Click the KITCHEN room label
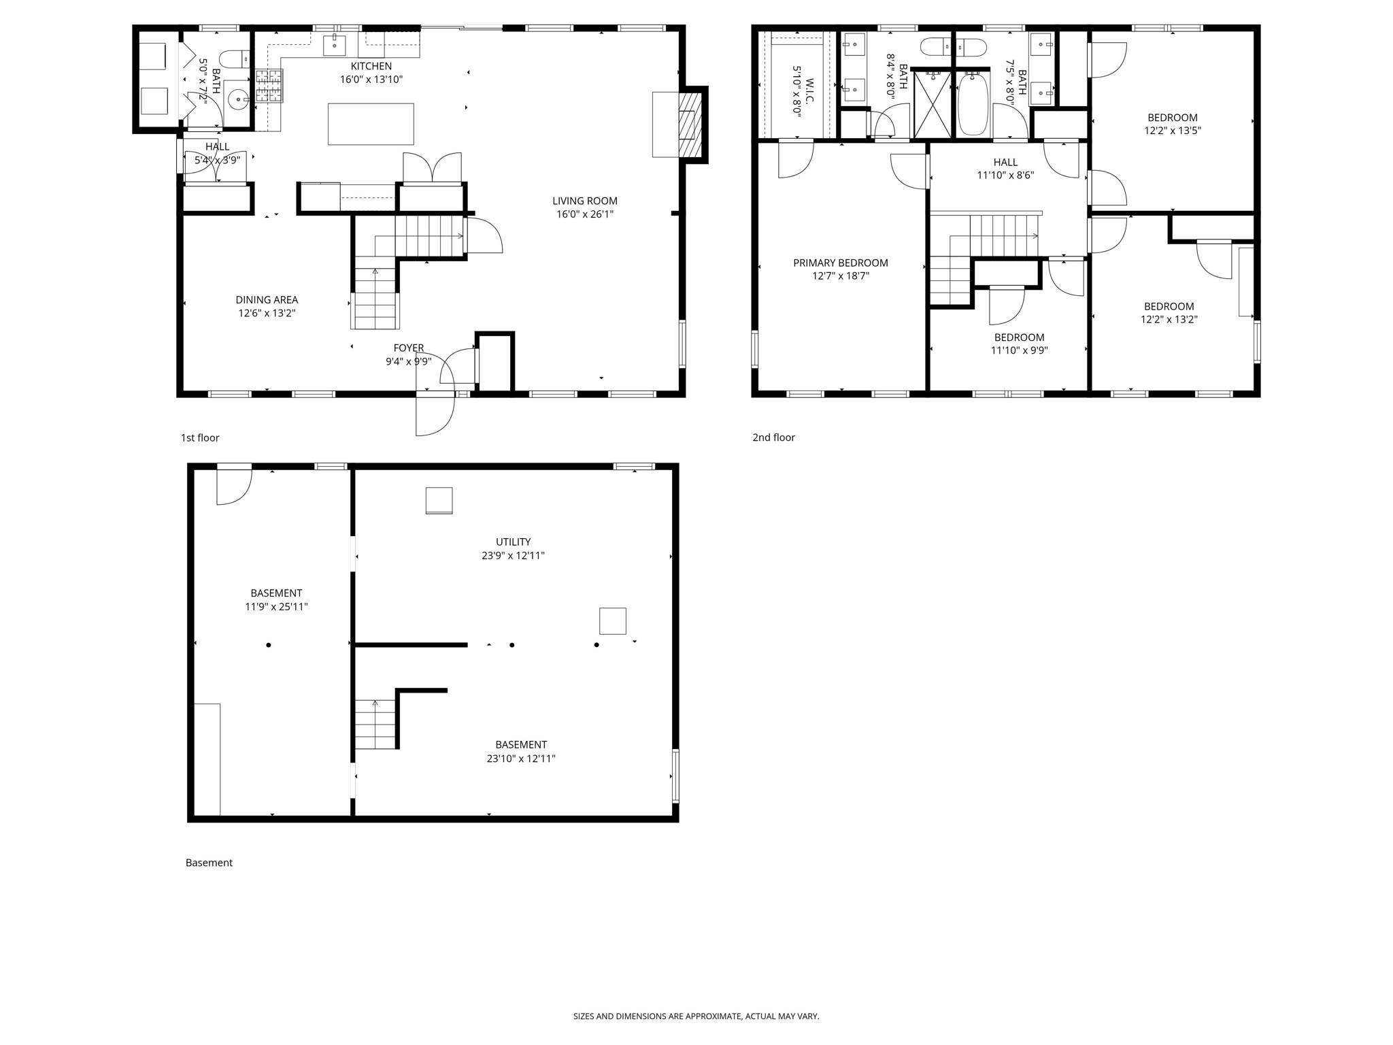pos(371,66)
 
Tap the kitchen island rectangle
pos(371,124)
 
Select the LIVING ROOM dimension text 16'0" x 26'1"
pos(584,214)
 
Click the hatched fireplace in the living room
pos(690,125)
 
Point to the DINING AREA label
pos(267,300)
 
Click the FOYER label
pos(408,348)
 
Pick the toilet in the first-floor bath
pos(235,60)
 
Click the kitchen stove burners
pos(269,86)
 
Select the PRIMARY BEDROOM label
pos(840,263)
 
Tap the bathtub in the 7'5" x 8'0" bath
pos(973,105)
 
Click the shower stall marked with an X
pos(933,105)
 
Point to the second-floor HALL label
pos(1005,162)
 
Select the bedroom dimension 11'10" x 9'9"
pos(1019,350)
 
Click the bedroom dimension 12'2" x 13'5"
pos(1172,131)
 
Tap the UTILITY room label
pos(513,542)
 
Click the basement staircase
pos(375,725)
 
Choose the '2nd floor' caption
pos(773,437)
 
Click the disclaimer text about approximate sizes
pos(696,1016)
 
